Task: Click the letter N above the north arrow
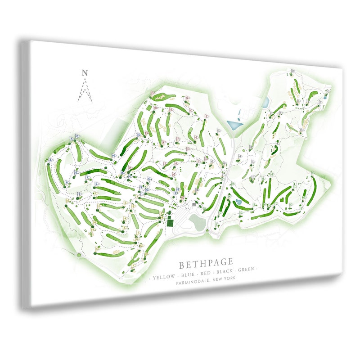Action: click(x=84, y=72)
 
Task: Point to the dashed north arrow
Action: click(x=85, y=90)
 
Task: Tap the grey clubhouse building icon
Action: click(x=194, y=204)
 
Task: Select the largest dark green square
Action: click(x=171, y=221)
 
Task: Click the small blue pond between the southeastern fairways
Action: click(x=238, y=202)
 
